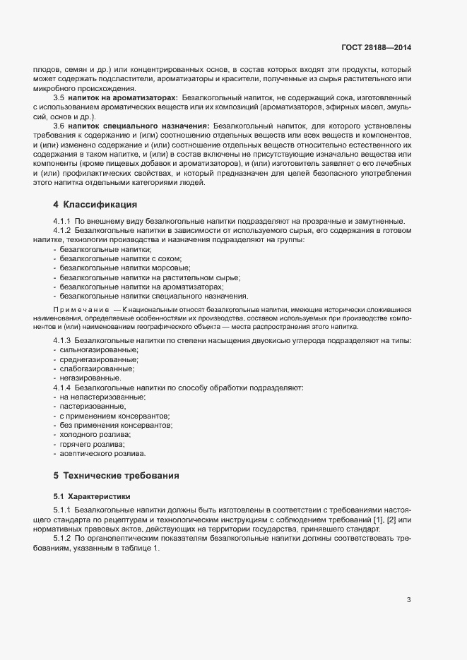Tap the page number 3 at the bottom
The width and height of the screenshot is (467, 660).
(x=408, y=601)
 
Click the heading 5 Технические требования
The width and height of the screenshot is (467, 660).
(x=116, y=475)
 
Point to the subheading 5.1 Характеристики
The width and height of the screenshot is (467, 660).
(x=92, y=496)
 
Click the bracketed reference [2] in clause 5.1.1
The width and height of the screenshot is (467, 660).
(x=381, y=520)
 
